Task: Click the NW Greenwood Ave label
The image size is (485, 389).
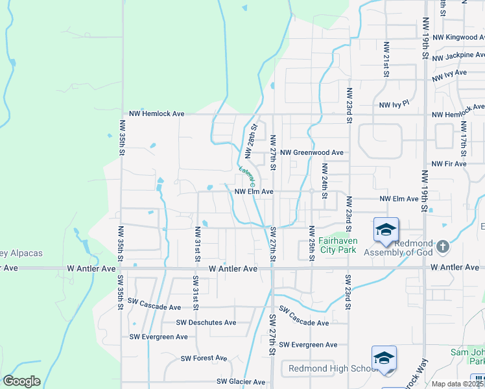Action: pos(311,152)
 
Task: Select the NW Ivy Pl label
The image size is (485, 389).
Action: pos(394,104)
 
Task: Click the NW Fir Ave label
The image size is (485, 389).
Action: pos(449,164)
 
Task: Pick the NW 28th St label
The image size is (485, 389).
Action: pos(251,141)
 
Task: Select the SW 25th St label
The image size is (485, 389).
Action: pos(312,244)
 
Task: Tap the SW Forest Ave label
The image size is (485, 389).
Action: pos(204,358)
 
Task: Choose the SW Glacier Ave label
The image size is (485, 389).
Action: pos(241,382)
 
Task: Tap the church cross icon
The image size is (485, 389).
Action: pos(442,246)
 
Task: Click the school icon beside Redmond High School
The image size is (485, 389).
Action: pos(384,359)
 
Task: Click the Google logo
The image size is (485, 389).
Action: pos(21,381)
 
